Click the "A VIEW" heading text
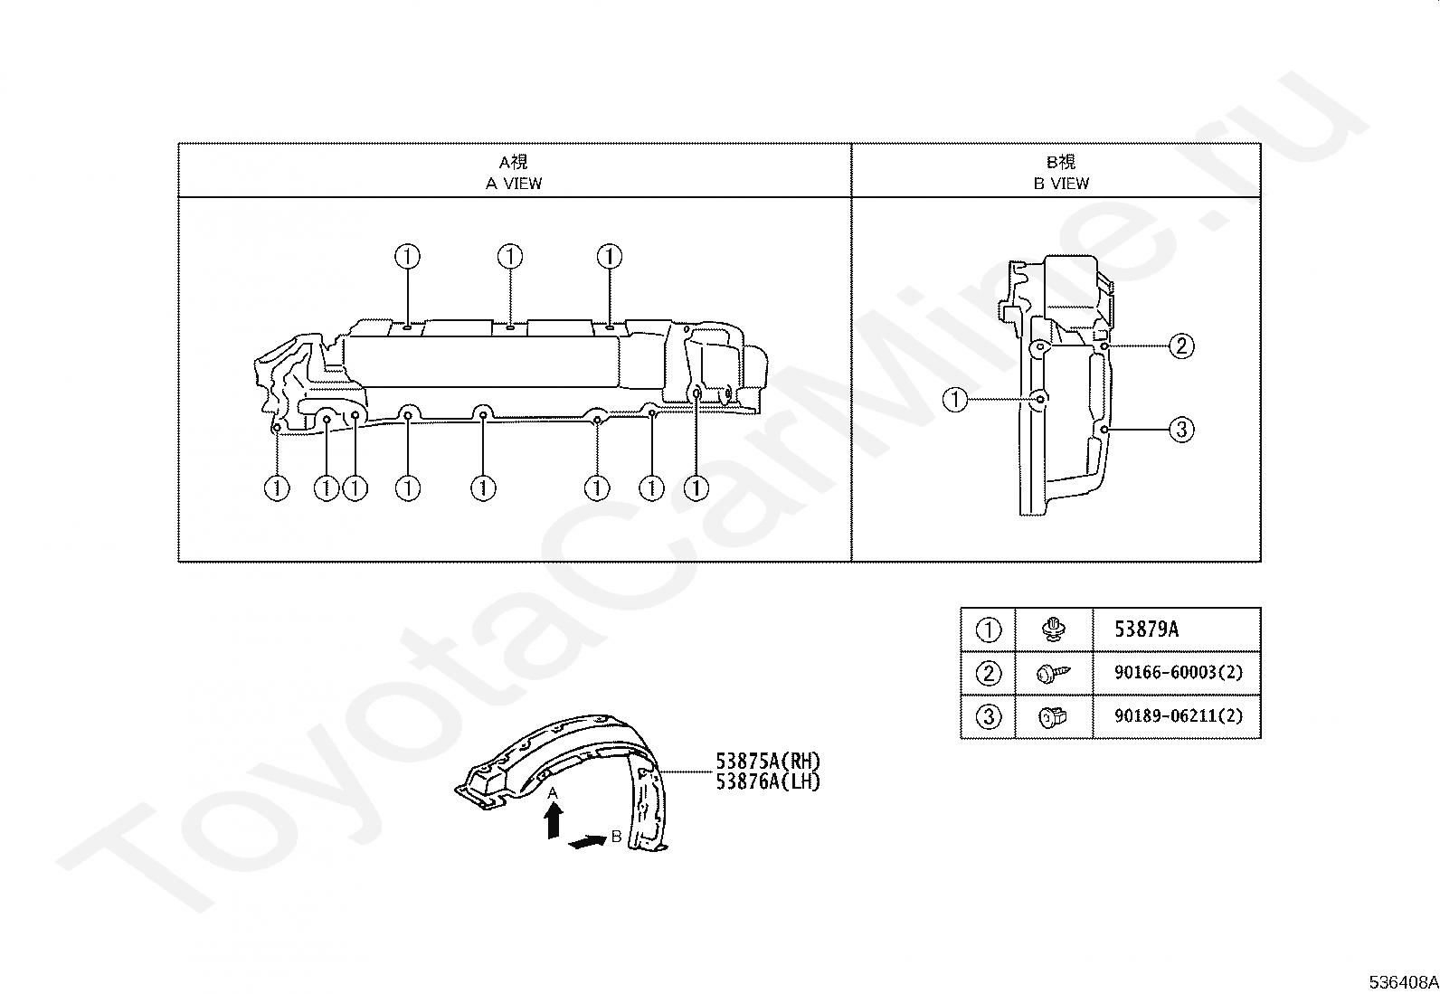(514, 184)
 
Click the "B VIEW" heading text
(1062, 184)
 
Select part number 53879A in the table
(1146, 630)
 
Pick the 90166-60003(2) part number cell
(1178, 672)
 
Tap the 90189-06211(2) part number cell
(1178, 715)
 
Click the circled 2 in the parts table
(989, 673)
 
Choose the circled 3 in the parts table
(989, 716)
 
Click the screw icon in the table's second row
(1054, 673)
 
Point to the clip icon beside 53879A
(1053, 630)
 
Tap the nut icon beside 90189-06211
(1054, 716)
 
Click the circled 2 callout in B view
(1181, 346)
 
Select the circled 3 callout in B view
(1181, 429)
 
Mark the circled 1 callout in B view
(955, 399)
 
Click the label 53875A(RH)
(768, 762)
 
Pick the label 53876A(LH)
(768, 781)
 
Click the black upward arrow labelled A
(554, 821)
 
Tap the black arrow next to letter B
(587, 842)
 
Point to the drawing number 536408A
(1402, 982)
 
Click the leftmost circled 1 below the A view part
(277, 488)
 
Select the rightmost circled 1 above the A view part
(610, 257)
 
